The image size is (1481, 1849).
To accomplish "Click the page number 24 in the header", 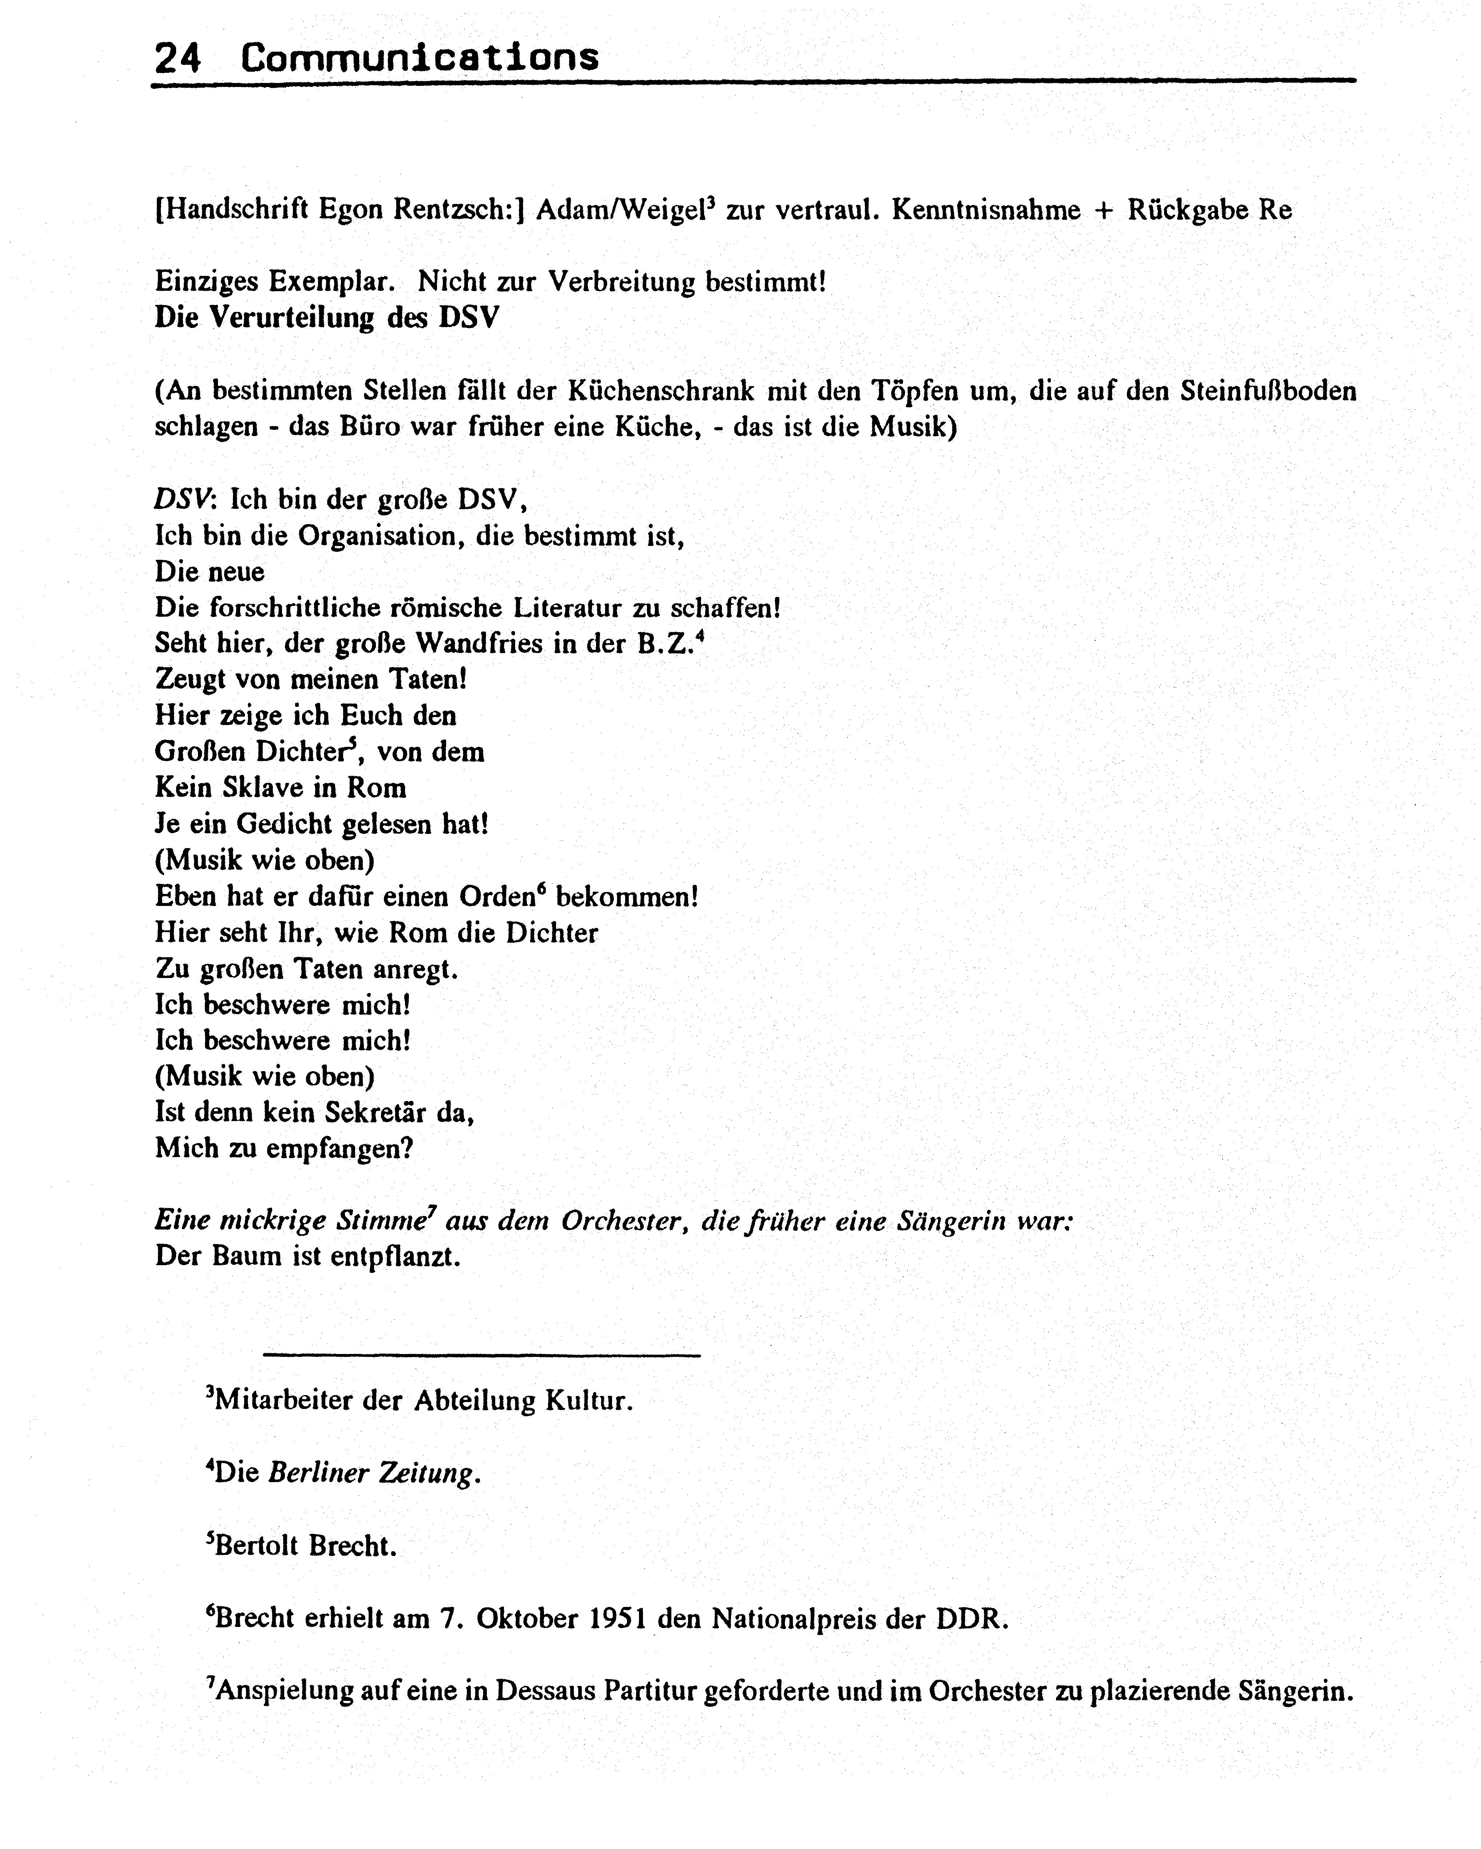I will (178, 58).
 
